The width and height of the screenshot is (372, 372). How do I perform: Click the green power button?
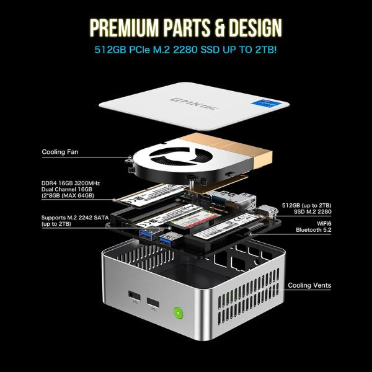(178, 313)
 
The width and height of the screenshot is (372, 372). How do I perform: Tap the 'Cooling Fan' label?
(60, 152)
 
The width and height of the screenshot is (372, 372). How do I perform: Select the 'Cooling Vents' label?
(309, 285)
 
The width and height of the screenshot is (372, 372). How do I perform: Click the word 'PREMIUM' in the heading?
(124, 28)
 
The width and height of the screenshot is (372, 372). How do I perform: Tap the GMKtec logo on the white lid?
(194, 104)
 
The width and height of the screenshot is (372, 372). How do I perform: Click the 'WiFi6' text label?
(324, 223)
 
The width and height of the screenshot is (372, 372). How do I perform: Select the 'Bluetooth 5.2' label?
(313, 230)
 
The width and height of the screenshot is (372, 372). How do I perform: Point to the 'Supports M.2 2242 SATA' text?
(75, 218)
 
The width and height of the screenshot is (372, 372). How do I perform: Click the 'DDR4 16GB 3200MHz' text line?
(71, 183)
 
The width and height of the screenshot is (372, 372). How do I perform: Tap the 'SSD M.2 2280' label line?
(312, 211)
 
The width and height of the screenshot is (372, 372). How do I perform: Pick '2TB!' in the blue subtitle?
(266, 50)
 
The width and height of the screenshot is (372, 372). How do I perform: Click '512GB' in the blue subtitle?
(110, 50)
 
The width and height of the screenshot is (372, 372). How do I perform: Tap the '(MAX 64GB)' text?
(76, 195)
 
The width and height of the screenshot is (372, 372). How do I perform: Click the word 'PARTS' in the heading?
(187, 28)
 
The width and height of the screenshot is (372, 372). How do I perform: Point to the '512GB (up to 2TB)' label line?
(306, 205)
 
